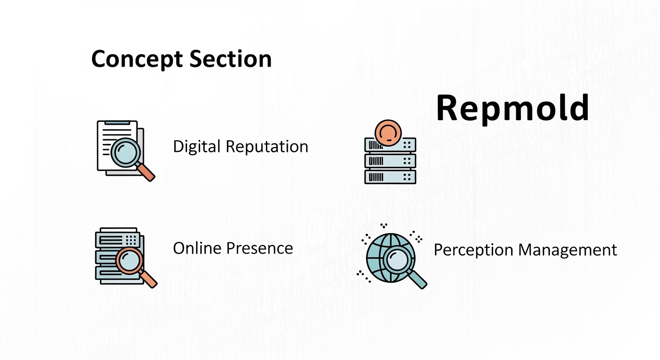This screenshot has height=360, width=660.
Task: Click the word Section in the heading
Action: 231,60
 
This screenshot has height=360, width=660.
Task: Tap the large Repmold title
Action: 512,108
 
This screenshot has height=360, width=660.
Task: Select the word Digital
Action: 197,147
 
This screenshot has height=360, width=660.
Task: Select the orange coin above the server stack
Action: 389,132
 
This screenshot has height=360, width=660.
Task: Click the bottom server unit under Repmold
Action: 390,176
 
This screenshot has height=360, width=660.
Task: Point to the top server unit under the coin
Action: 390,145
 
